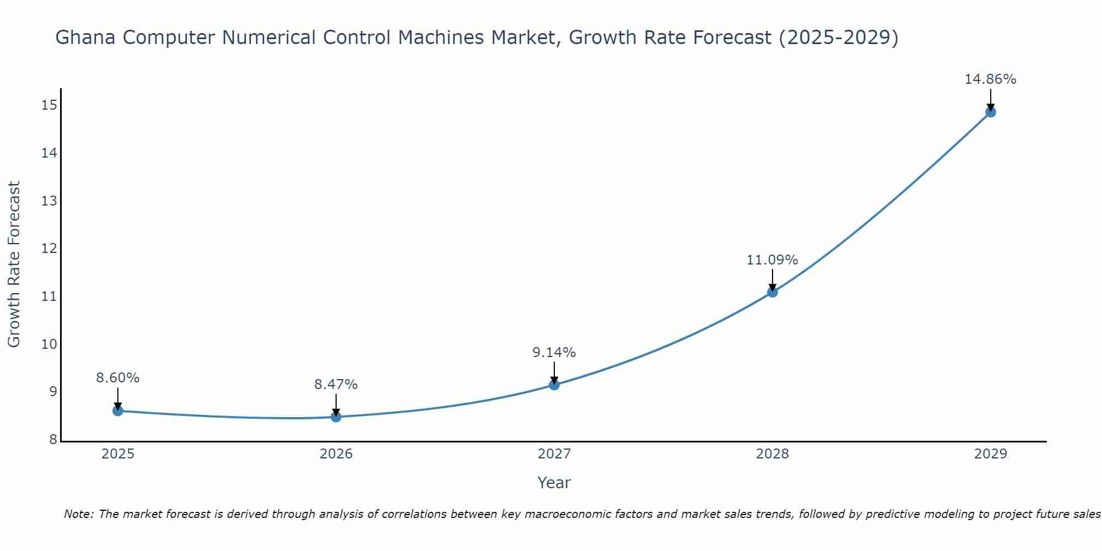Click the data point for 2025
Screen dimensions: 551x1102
pyautogui.click(x=117, y=410)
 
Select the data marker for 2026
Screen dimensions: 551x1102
pyautogui.click(x=336, y=417)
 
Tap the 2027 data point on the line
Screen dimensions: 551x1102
pyautogui.click(x=554, y=385)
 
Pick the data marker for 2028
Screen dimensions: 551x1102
pyautogui.click(x=773, y=292)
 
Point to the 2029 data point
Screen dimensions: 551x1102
pyautogui.click(x=990, y=112)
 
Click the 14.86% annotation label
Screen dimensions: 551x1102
pyautogui.click(x=990, y=79)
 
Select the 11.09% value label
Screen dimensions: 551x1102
pyautogui.click(x=772, y=260)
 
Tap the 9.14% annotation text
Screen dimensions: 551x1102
pyautogui.click(x=554, y=353)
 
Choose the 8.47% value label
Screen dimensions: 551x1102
pyautogui.click(x=336, y=385)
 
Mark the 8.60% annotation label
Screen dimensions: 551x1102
pyautogui.click(x=117, y=378)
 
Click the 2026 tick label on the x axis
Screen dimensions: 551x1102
pyautogui.click(x=336, y=454)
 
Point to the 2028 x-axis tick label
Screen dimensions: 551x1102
pyautogui.click(x=773, y=454)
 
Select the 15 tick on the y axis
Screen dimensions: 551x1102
pyautogui.click(x=49, y=105)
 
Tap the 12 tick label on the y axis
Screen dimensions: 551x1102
pyautogui.click(x=49, y=249)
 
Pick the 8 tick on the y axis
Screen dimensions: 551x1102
pyautogui.click(x=53, y=440)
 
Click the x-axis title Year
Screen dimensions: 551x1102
pyautogui.click(x=554, y=483)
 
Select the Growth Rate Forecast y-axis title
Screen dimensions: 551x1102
pyautogui.click(x=14, y=264)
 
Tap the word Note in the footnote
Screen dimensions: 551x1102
pyautogui.click(x=78, y=514)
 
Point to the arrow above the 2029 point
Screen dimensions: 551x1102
pyautogui.click(x=990, y=99)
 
